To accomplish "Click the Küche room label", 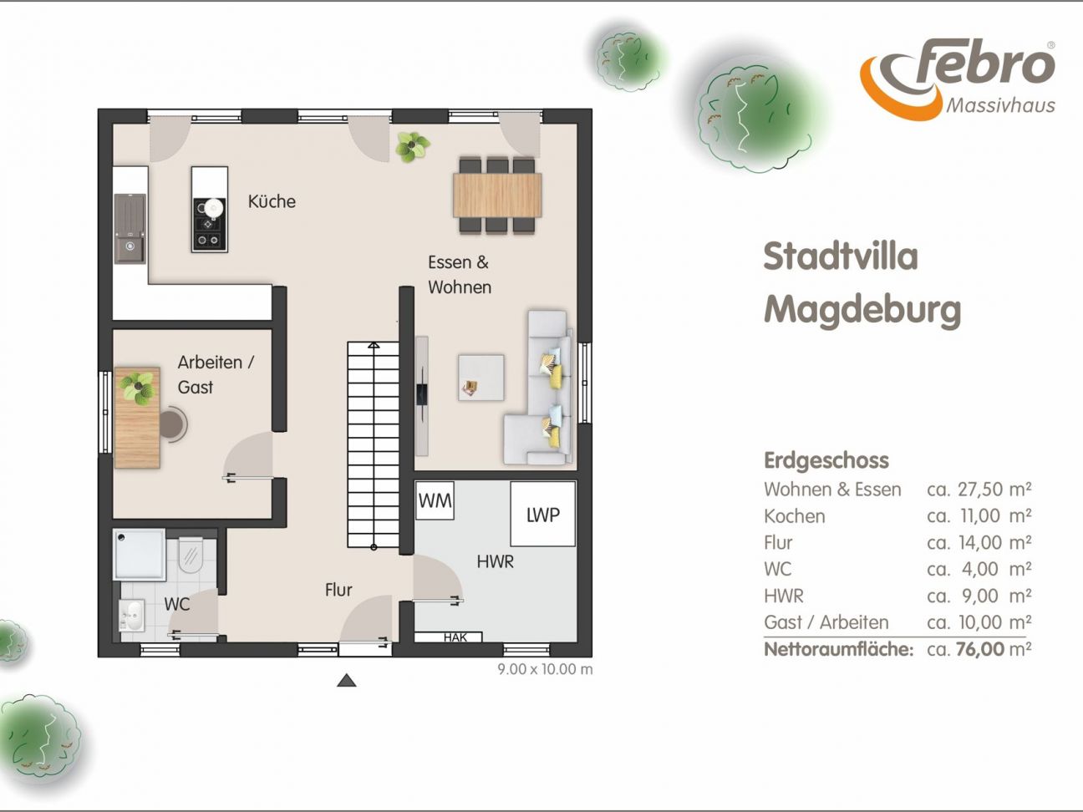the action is (x=272, y=201).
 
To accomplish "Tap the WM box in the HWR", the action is (x=435, y=500).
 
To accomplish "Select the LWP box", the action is (x=542, y=515).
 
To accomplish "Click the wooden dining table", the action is (x=497, y=195).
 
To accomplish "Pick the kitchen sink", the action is (x=130, y=229).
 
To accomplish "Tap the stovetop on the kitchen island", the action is (x=210, y=224).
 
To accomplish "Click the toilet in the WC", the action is (x=191, y=555).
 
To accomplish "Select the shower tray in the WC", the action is (x=140, y=555).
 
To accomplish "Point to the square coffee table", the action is (x=481, y=377).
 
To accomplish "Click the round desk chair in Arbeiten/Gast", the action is (x=173, y=424).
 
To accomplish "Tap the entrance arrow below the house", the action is (x=346, y=680).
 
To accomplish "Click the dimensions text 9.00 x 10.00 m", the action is (x=545, y=669).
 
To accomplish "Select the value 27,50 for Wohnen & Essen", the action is (x=980, y=489).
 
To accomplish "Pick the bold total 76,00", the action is (x=980, y=649).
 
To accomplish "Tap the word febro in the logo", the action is (x=985, y=63).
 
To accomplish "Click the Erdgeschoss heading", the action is (x=826, y=461).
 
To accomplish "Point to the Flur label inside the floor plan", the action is (x=338, y=590).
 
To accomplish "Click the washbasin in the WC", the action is (x=132, y=616).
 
